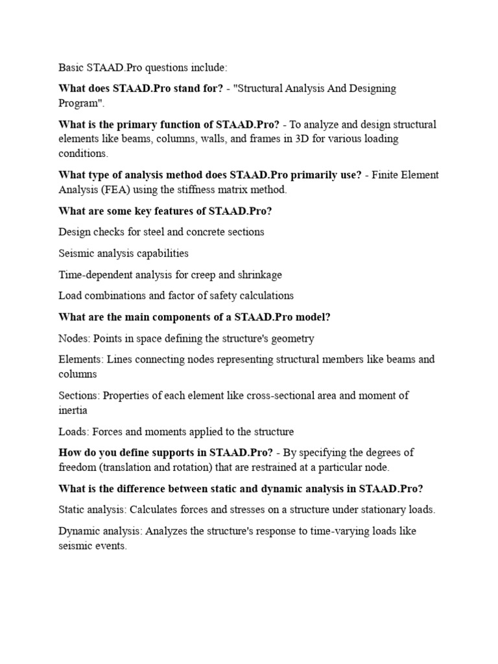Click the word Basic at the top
[71, 67]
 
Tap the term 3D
[303, 138]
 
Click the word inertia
[73, 410]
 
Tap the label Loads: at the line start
[74, 431]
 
